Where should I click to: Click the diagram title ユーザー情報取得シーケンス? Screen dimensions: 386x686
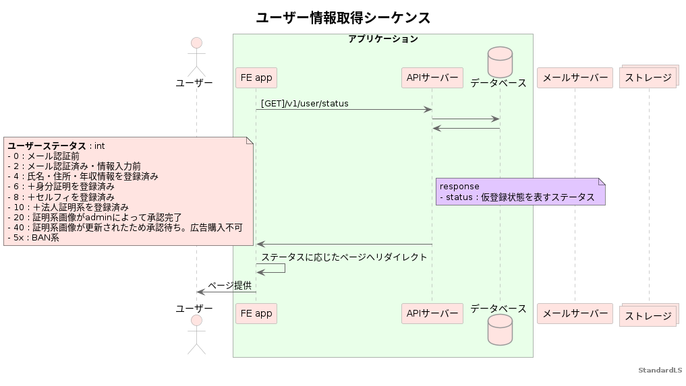(x=343, y=18)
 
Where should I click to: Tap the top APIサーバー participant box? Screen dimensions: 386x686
(x=432, y=78)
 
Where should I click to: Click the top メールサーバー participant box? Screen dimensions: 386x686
(x=575, y=78)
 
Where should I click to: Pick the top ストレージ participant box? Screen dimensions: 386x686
(x=648, y=78)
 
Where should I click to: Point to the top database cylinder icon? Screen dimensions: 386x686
(x=500, y=61)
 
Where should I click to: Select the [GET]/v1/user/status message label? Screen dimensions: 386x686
(x=305, y=104)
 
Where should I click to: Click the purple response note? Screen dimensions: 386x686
(x=520, y=191)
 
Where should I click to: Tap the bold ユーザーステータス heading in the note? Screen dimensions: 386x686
(x=47, y=146)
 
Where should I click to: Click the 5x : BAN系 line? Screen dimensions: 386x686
(x=33, y=238)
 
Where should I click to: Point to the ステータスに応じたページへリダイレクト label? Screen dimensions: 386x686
(x=344, y=257)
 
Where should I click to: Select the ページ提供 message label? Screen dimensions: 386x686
(x=229, y=286)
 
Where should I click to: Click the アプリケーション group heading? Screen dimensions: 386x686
(x=382, y=39)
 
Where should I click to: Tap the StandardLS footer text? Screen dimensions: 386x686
(x=660, y=371)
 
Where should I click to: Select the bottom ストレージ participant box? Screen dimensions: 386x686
(x=648, y=315)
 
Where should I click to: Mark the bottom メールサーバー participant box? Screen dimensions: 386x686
(x=575, y=313)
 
